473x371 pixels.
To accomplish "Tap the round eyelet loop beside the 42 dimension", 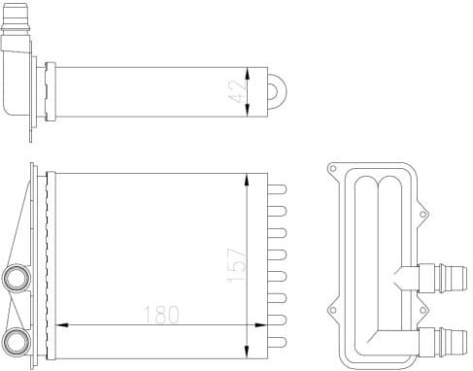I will (x=279, y=92).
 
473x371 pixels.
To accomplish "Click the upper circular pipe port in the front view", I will (x=17, y=278).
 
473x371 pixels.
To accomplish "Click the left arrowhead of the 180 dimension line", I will (x=60, y=324).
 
